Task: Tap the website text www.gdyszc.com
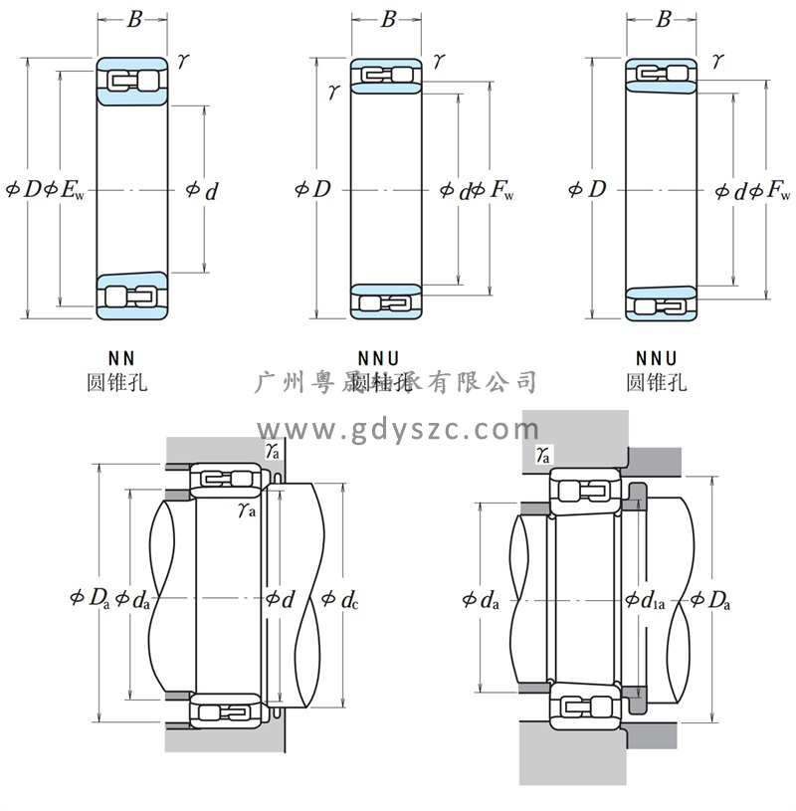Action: [398, 430]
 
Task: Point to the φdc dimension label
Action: [340, 599]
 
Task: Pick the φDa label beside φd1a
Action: [711, 599]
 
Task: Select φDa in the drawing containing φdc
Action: [91, 598]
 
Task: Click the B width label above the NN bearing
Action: [133, 19]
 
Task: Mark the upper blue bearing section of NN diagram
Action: [132, 80]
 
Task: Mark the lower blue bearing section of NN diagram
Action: [132, 296]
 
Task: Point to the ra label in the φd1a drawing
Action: [542, 455]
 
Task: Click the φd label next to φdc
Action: [280, 599]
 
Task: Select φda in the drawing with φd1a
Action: [481, 599]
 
